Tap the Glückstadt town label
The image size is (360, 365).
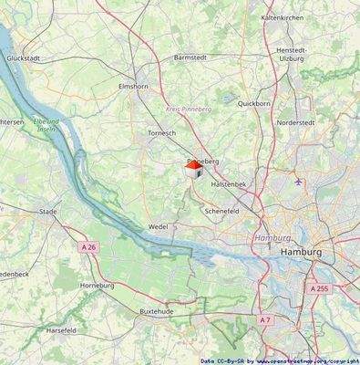(20, 57)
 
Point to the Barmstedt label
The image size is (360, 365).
(190, 57)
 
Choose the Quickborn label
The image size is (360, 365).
(254, 104)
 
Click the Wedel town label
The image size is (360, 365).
(158, 226)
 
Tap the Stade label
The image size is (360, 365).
(48, 212)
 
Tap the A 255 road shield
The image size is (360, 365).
(318, 287)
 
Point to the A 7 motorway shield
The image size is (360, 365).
(264, 319)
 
